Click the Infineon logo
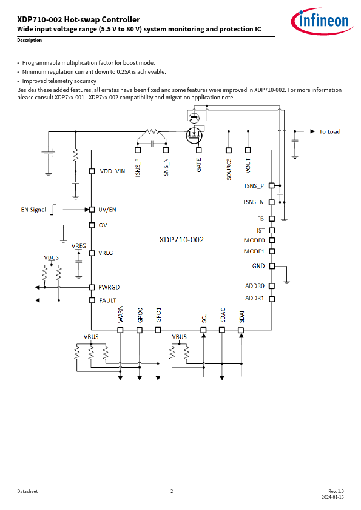point(322,21)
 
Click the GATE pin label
point(199,165)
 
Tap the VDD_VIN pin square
point(92,171)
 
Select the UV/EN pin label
point(107,210)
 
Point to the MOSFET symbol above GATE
point(194,134)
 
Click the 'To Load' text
point(329,131)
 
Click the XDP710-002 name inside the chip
point(181,240)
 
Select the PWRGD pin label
point(109,287)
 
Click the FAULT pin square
point(92,300)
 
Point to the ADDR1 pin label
point(255,298)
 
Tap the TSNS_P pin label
point(254,186)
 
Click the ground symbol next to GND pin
point(287,282)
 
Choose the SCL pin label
point(204,318)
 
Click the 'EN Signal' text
point(33,210)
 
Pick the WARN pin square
point(120,330)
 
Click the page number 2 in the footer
point(172,491)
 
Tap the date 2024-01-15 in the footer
point(332,497)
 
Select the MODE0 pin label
point(254,240)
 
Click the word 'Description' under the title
point(29,40)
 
